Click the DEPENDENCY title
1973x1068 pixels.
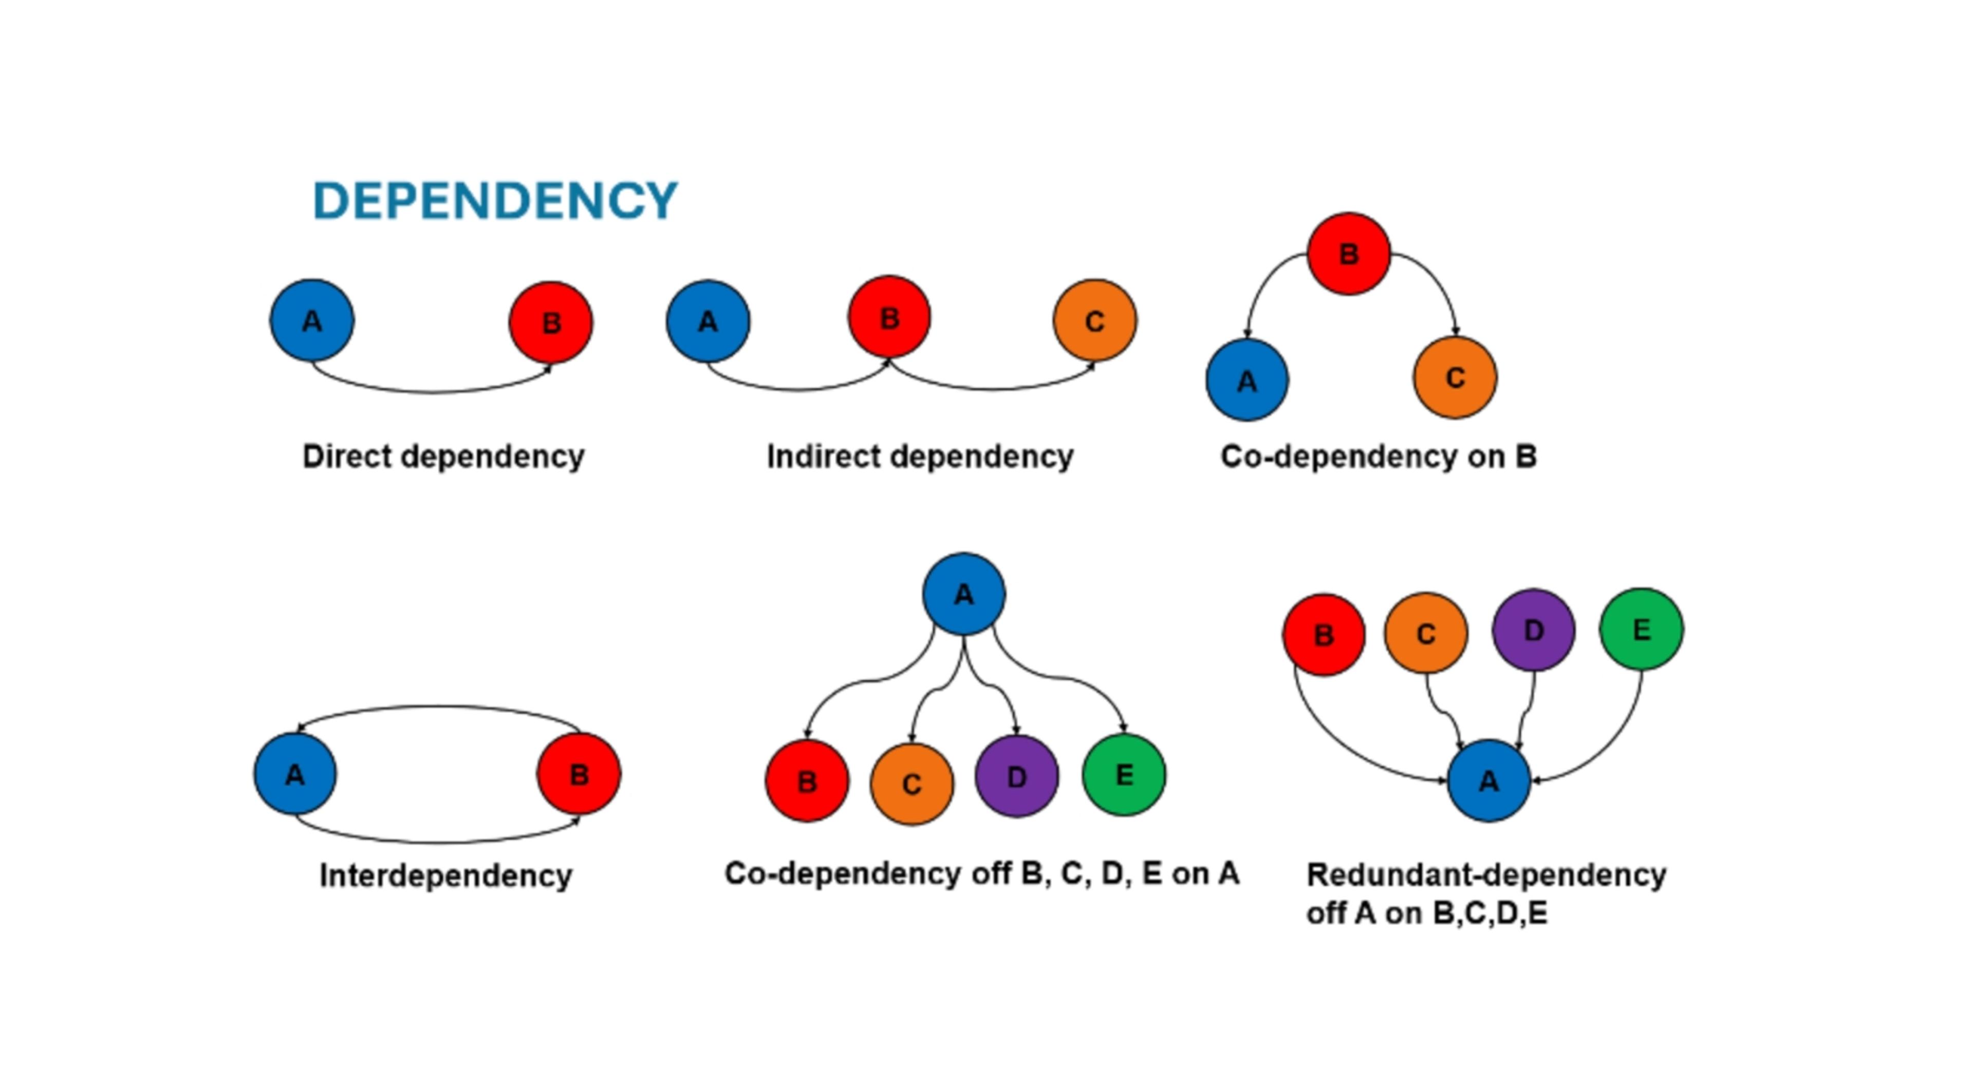[x=495, y=201]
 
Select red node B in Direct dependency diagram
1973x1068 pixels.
[x=551, y=322]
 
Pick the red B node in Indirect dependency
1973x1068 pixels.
[x=889, y=317]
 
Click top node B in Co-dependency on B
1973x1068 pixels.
[x=1348, y=254]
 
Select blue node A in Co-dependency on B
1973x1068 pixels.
[x=1247, y=380]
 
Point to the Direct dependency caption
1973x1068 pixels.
[x=443, y=456]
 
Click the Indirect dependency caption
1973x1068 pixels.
[x=920, y=456]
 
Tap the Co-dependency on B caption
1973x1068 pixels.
[x=1378, y=456]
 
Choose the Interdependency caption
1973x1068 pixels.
[x=445, y=875]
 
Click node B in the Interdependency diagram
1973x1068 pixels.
[x=579, y=774]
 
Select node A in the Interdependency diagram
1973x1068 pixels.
[x=295, y=774]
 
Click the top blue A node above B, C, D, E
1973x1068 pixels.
[x=963, y=594]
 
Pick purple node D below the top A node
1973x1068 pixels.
[x=1016, y=776]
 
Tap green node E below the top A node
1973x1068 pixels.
[x=1124, y=775]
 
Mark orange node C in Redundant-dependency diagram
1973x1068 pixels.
[x=1425, y=633]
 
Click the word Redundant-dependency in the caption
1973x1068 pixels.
[x=1486, y=874]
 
